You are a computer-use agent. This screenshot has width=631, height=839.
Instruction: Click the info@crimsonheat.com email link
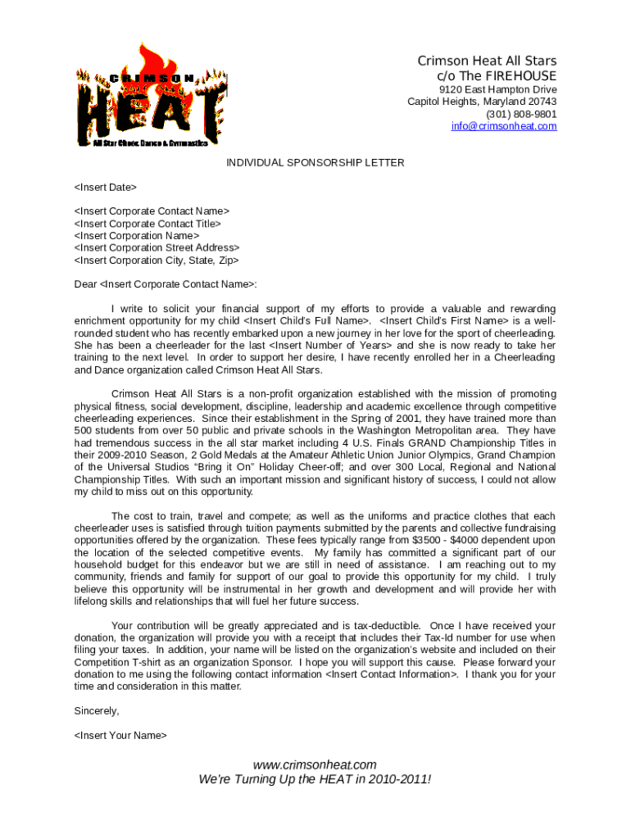point(503,126)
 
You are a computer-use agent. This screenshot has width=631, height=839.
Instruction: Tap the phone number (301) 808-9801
point(520,114)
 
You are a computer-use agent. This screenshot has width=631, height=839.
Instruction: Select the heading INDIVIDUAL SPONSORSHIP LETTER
point(315,162)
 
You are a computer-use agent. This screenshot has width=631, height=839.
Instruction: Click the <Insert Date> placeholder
point(106,188)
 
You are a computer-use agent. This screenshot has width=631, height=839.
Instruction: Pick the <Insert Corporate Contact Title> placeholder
point(148,224)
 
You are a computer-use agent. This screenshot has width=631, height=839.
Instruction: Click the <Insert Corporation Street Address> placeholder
point(157,248)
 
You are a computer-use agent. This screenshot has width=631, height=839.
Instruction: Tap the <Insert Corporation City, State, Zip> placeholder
point(157,261)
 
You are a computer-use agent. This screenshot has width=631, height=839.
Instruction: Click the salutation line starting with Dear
point(166,284)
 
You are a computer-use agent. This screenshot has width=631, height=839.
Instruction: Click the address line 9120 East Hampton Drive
point(497,89)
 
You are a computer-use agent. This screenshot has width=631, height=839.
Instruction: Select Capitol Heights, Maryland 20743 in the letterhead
point(482,102)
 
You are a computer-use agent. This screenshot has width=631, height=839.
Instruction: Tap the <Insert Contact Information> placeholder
point(392,674)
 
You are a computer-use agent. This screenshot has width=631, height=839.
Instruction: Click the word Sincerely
point(97,710)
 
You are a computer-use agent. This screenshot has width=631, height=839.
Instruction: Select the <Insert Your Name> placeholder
point(120,735)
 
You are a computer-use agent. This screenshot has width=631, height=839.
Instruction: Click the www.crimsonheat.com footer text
point(315,764)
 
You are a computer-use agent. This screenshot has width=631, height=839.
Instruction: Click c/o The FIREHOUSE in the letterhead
point(497,75)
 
